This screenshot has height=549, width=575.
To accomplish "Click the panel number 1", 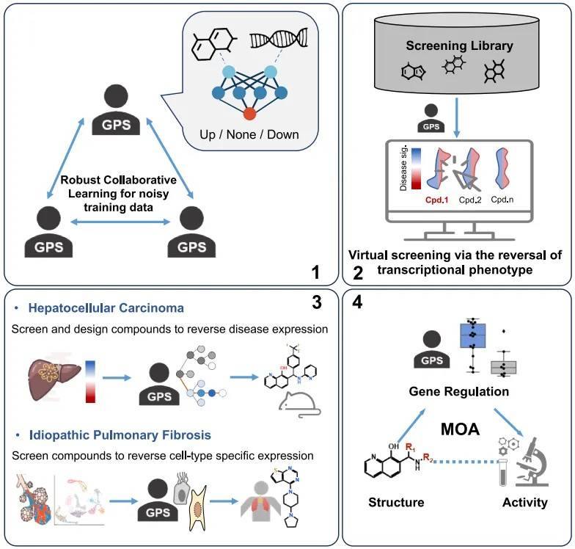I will pyautogui.click(x=315, y=273).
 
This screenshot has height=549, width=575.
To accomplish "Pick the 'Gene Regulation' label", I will pyautogui.click(x=459, y=392).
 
